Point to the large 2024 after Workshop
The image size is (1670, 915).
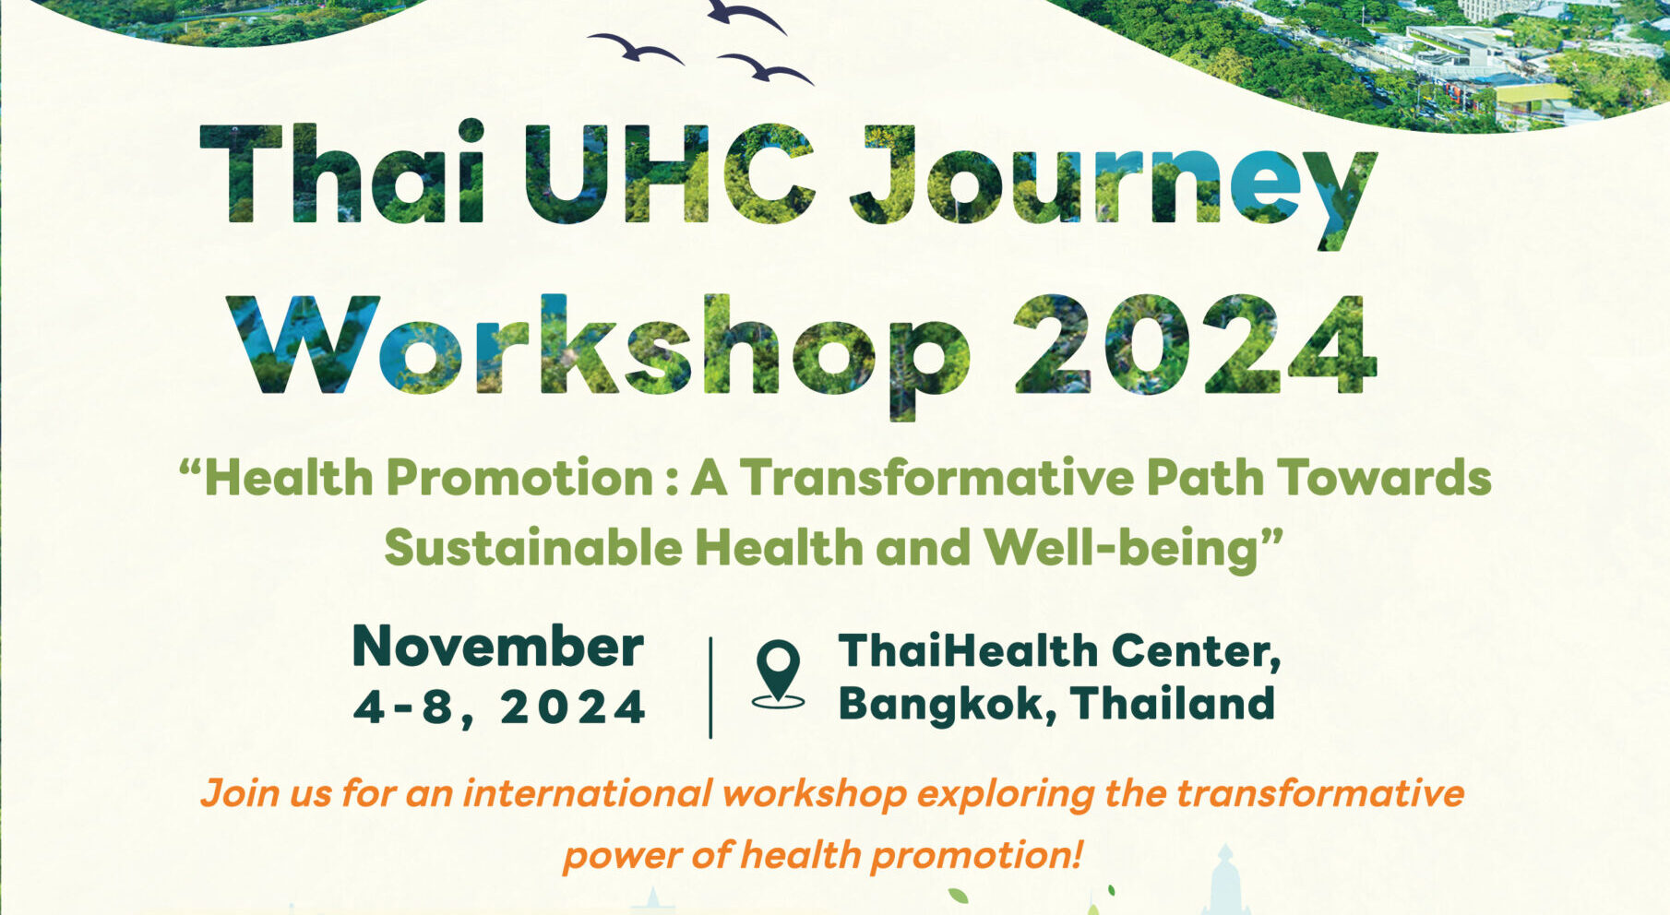point(1195,346)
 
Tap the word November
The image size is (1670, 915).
point(498,647)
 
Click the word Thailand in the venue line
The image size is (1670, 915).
point(1173,704)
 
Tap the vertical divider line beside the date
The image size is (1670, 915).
point(710,687)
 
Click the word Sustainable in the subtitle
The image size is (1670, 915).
point(532,548)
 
